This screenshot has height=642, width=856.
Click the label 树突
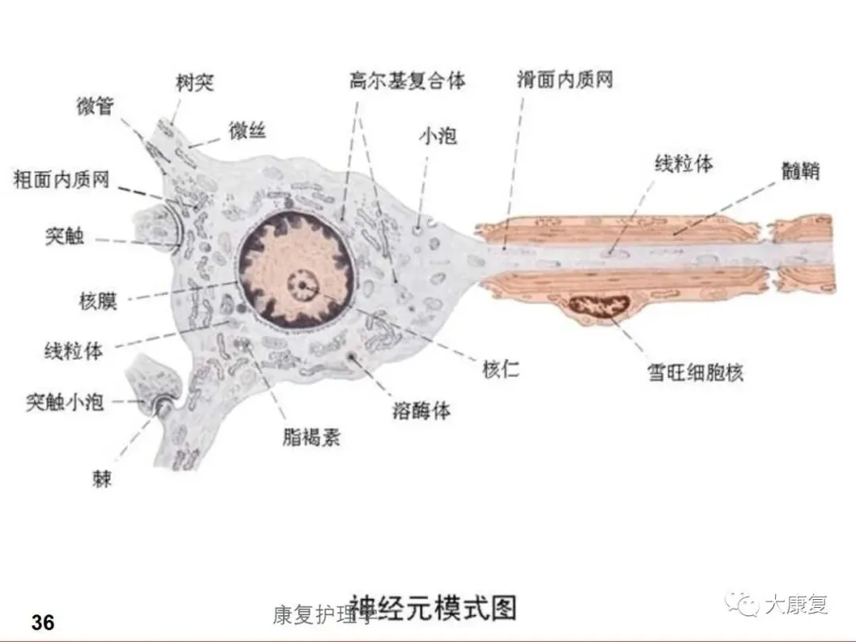point(195,82)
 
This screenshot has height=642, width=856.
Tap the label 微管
point(95,106)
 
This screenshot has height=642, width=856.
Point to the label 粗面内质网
point(62,180)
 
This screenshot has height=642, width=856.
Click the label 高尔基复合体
point(407,81)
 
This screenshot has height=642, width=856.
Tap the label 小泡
point(438,136)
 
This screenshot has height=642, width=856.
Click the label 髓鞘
point(799,171)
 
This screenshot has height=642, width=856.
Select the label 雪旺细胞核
point(695,373)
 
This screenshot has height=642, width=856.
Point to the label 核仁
point(501,369)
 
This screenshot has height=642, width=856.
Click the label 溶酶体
point(422,411)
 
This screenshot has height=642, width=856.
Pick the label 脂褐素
point(311,437)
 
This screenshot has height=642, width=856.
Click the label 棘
point(102,480)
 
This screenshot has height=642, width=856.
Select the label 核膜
point(98,301)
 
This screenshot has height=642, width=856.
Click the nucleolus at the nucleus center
point(301,283)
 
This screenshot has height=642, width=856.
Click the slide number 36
point(44,622)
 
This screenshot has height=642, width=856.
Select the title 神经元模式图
point(434,608)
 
